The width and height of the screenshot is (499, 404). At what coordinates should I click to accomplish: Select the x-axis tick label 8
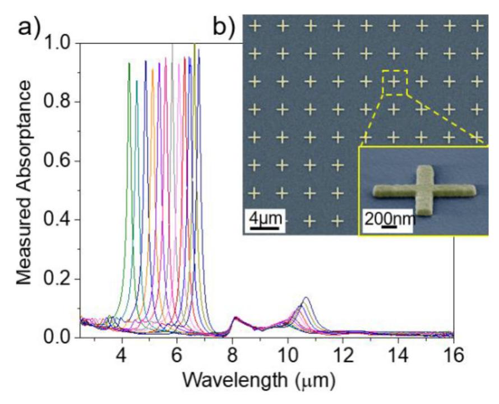click(233, 356)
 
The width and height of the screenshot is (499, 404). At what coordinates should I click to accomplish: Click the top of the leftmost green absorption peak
click(129, 63)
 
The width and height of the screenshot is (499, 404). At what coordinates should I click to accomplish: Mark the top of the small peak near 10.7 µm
click(306, 297)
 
